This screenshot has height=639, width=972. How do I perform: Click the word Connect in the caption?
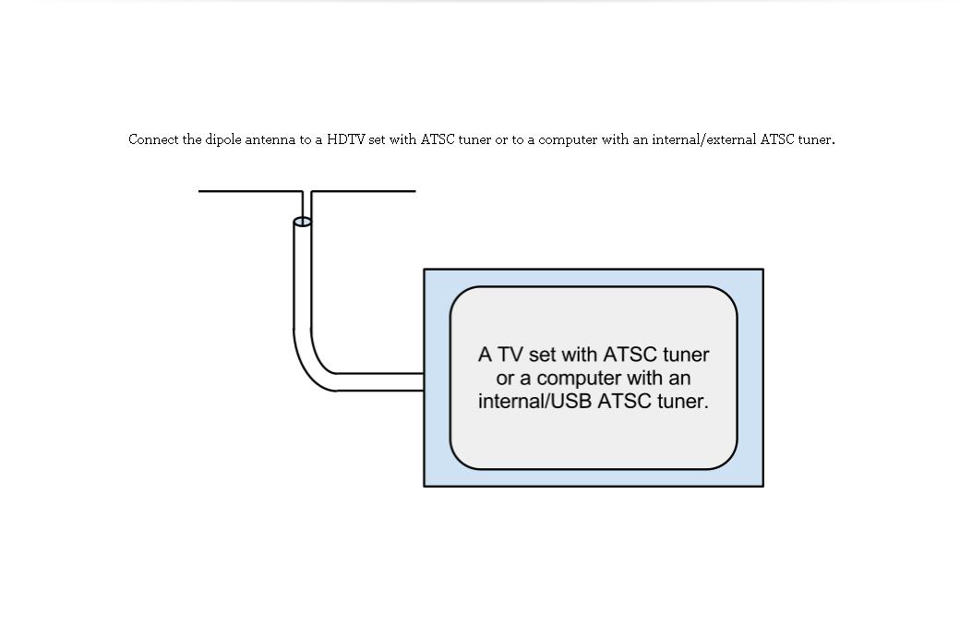[153, 139]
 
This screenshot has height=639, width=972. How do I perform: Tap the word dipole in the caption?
[222, 139]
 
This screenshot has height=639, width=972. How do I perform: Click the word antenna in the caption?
[270, 139]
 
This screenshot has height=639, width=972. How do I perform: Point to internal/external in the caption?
[703, 139]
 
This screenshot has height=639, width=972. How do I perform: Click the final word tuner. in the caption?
[816, 139]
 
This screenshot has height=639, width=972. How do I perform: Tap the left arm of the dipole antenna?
[249, 191]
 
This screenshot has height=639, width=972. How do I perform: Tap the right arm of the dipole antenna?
[364, 191]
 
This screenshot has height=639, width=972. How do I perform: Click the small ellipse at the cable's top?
[302, 222]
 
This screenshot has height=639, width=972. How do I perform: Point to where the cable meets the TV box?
[423, 382]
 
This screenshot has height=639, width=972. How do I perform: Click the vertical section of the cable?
[302, 277]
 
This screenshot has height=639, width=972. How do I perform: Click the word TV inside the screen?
[510, 355]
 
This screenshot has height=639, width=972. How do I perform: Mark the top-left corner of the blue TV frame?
[425, 270]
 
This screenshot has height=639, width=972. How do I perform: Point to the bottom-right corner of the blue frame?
[762, 486]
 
